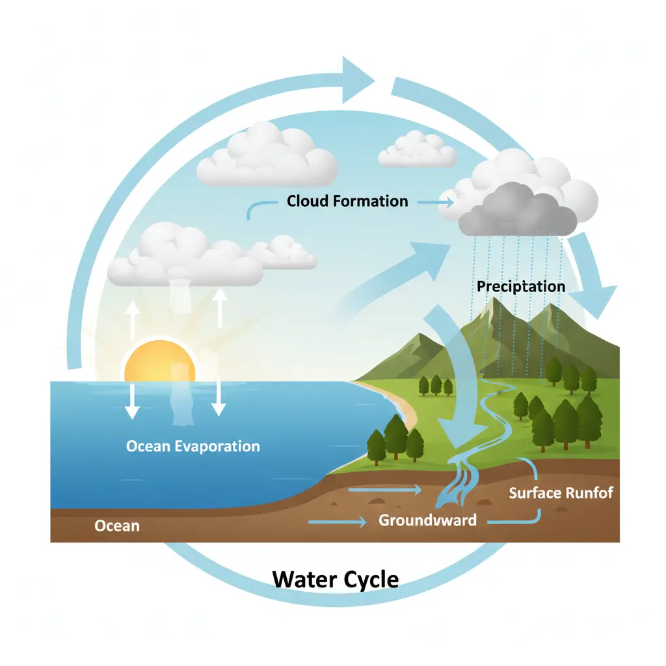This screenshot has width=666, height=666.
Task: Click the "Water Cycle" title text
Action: [x=335, y=578]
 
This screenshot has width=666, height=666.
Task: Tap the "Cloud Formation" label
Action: [x=347, y=201]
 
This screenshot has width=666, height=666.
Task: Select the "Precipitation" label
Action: [x=521, y=286]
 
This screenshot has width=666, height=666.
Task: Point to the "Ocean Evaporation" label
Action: [x=193, y=446]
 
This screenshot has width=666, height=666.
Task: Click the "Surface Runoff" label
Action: [x=561, y=492]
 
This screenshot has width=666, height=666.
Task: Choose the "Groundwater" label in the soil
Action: [x=427, y=520]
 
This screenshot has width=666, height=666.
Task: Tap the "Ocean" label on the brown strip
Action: [x=117, y=525]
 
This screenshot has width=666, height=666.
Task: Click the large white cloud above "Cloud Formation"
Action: [x=267, y=157]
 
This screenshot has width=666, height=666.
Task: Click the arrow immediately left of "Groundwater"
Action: [x=338, y=521]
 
